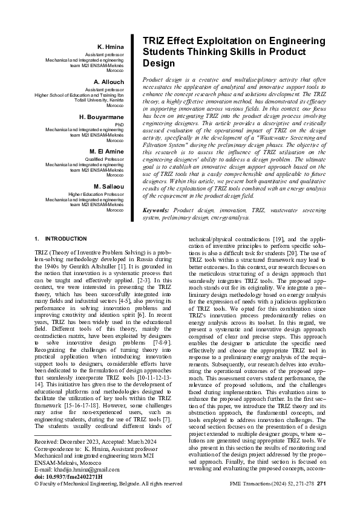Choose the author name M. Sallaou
pyautogui.click(x=109, y=186)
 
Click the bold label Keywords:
pyautogui.click(x=156, y=210)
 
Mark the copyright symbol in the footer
pyautogui.click(x=37, y=484)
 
